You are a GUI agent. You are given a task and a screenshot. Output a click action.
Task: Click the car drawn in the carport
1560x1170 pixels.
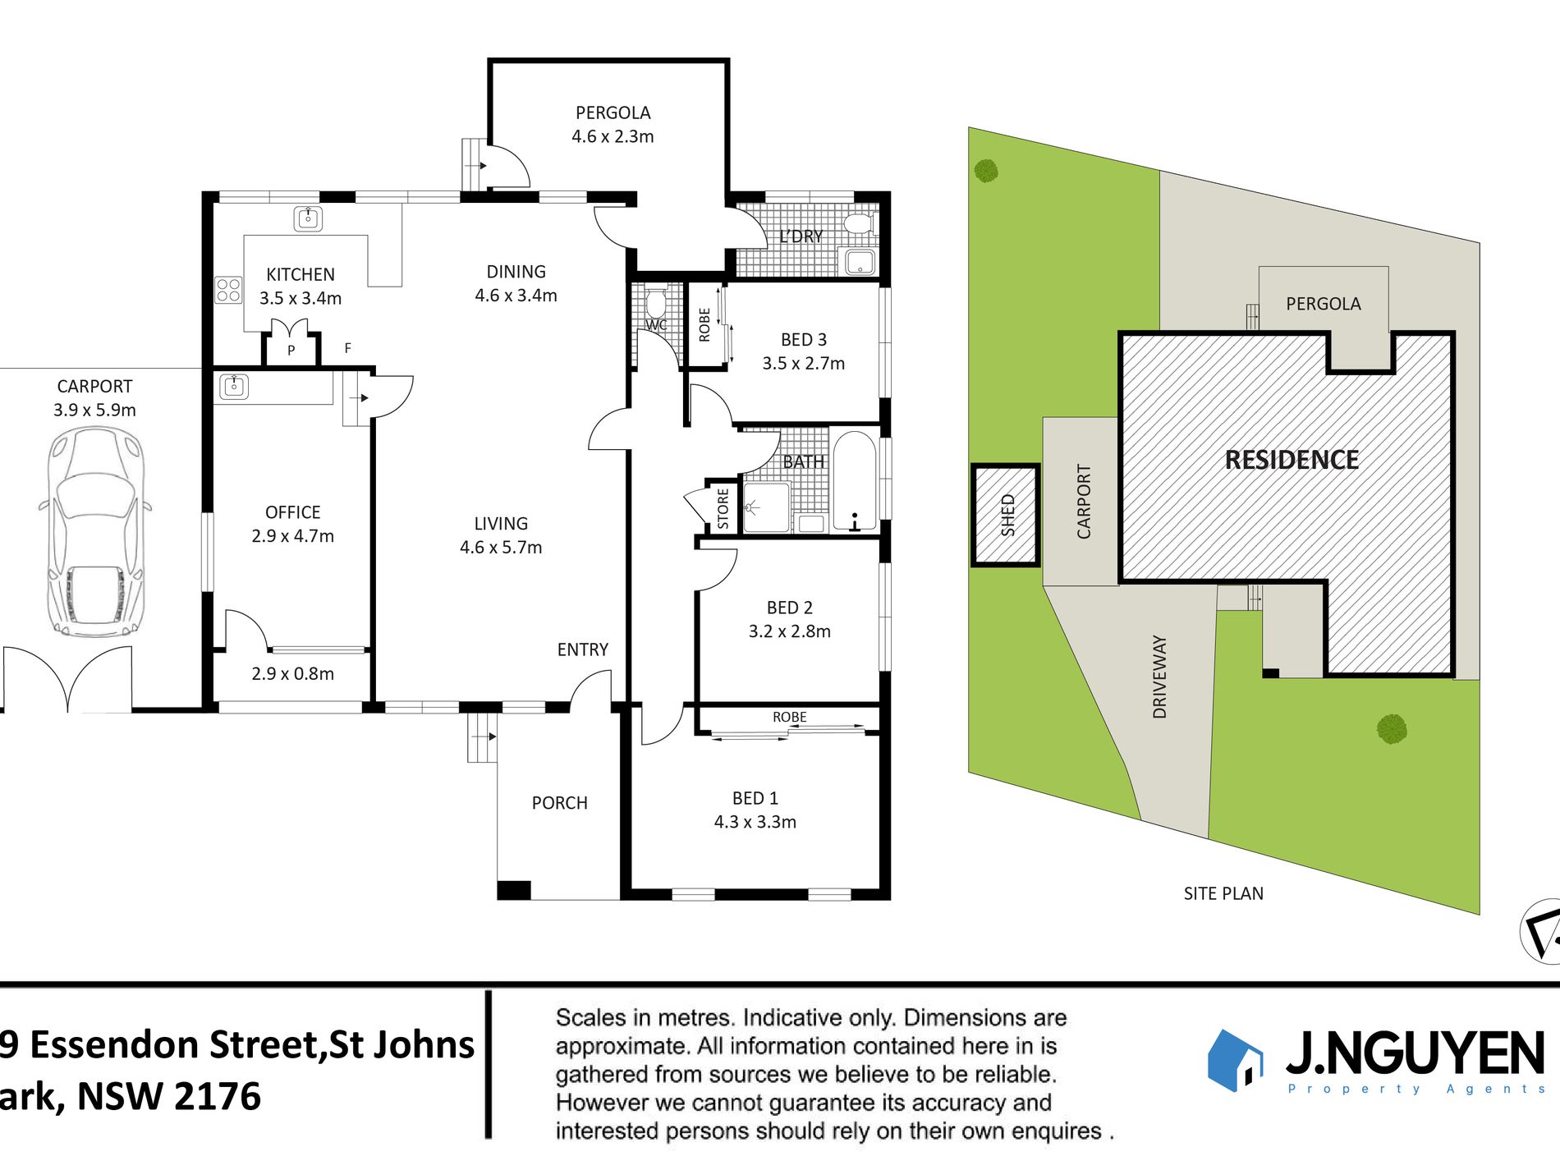coord(95,532)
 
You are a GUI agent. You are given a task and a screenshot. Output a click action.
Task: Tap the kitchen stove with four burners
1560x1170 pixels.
coord(228,290)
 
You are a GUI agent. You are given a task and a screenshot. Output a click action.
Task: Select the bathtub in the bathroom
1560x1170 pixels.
coord(854,481)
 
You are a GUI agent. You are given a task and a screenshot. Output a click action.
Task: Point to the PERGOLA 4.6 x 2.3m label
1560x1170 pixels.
coord(613,125)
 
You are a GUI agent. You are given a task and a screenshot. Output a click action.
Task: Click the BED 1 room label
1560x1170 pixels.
coord(755,810)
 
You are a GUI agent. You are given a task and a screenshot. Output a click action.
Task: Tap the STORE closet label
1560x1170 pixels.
coord(723,508)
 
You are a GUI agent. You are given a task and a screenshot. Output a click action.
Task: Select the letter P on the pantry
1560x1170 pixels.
coord(291,351)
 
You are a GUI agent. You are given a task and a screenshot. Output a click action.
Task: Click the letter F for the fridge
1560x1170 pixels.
coord(347,348)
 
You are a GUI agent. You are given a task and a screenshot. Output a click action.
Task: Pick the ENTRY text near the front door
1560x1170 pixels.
coord(582,649)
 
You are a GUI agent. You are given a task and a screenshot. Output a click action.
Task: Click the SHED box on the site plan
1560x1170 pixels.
coord(1006,515)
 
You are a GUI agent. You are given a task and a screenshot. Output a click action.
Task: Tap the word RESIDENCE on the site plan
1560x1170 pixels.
coord(1292,460)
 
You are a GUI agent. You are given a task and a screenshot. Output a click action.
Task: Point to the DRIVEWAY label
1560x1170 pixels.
coord(1159,677)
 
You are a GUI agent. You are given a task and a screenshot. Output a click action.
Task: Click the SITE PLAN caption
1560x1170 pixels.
coord(1223,893)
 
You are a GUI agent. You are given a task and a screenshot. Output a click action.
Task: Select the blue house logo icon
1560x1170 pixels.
coord(1234,1060)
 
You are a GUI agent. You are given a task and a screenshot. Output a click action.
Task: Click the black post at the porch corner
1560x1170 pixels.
coord(514,890)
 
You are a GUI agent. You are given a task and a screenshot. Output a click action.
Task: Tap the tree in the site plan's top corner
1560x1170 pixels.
coord(986,171)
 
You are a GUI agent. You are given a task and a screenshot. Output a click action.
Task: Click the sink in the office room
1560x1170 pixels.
coord(234,386)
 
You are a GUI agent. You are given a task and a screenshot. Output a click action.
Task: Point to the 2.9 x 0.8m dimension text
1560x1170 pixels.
coord(292,673)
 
